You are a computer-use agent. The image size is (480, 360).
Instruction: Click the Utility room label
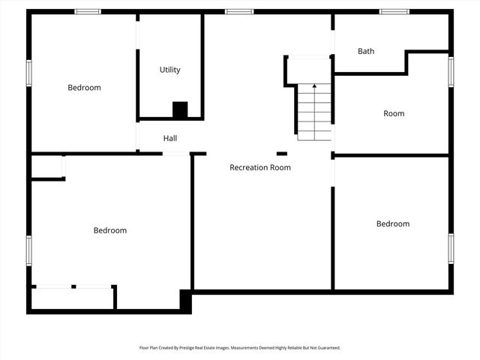tap(169, 70)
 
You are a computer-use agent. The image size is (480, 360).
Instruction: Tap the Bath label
tap(366, 51)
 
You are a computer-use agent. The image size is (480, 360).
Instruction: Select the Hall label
tap(170, 138)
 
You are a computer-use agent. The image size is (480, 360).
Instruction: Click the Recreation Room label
tap(260, 167)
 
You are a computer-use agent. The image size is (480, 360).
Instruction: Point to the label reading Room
tap(394, 113)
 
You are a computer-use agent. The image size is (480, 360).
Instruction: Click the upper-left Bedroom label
tap(84, 88)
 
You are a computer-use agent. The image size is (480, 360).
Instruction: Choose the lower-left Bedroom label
tap(109, 230)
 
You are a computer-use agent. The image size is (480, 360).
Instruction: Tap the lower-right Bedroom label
tap(393, 223)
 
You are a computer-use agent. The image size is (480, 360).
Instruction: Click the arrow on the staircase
tap(314, 86)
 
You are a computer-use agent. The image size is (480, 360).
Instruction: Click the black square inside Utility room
tap(180, 109)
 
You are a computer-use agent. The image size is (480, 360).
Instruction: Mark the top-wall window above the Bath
tap(394, 11)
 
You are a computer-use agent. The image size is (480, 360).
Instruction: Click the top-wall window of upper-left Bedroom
tap(88, 11)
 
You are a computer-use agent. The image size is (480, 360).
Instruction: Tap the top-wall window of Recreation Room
tap(239, 11)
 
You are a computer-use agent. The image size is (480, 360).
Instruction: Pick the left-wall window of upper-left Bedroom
tap(29, 73)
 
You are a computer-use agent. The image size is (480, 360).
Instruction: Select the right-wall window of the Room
tap(451, 70)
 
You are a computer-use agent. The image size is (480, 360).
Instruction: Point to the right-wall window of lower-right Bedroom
tap(451, 247)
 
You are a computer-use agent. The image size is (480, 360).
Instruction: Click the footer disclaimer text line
tap(240, 348)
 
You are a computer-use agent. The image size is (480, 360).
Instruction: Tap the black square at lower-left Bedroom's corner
tap(186, 299)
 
